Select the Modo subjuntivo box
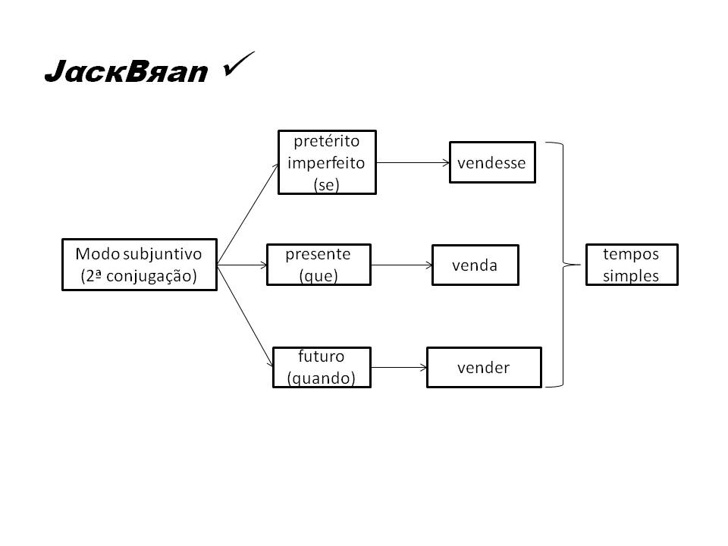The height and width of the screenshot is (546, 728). tap(139, 265)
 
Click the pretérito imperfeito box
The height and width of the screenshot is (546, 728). tap(327, 162)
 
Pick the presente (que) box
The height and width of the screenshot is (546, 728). tap(318, 265)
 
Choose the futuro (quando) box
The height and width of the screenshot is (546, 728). tap(322, 368)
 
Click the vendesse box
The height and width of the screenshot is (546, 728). tap(492, 162)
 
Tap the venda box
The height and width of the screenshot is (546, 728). tap(475, 265)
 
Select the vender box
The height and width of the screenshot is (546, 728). tap(484, 368)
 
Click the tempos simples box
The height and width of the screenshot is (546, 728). tap(631, 265)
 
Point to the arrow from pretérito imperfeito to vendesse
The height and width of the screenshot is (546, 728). tap(413, 162)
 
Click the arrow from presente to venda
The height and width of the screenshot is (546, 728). tap(401, 265)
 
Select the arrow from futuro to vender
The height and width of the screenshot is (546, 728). tap(399, 368)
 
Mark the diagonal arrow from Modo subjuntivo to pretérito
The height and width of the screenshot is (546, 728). tap(247, 213)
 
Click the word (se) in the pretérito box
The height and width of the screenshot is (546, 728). tap(326, 184)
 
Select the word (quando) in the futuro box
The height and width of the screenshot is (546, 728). tap(322, 378)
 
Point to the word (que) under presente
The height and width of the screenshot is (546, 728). tap(318, 275)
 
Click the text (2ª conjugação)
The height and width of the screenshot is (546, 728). tap(139, 276)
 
